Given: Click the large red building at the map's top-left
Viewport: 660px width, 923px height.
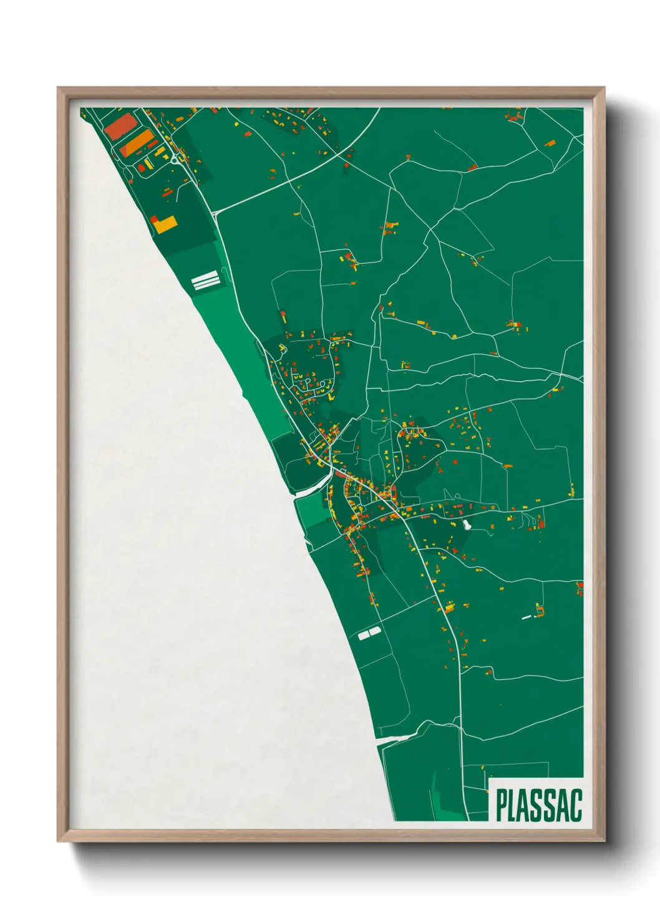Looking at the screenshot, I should coord(119,127).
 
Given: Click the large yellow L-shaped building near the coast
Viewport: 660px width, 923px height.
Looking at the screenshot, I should coord(164,224).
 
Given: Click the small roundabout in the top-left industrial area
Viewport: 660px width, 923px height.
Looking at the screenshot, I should coord(173,161).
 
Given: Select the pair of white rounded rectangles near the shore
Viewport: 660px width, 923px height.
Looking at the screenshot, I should coord(369,634).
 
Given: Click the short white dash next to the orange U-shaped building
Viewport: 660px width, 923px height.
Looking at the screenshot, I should coord(527,617).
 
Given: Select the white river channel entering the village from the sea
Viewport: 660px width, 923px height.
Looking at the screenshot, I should coord(312,490).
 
